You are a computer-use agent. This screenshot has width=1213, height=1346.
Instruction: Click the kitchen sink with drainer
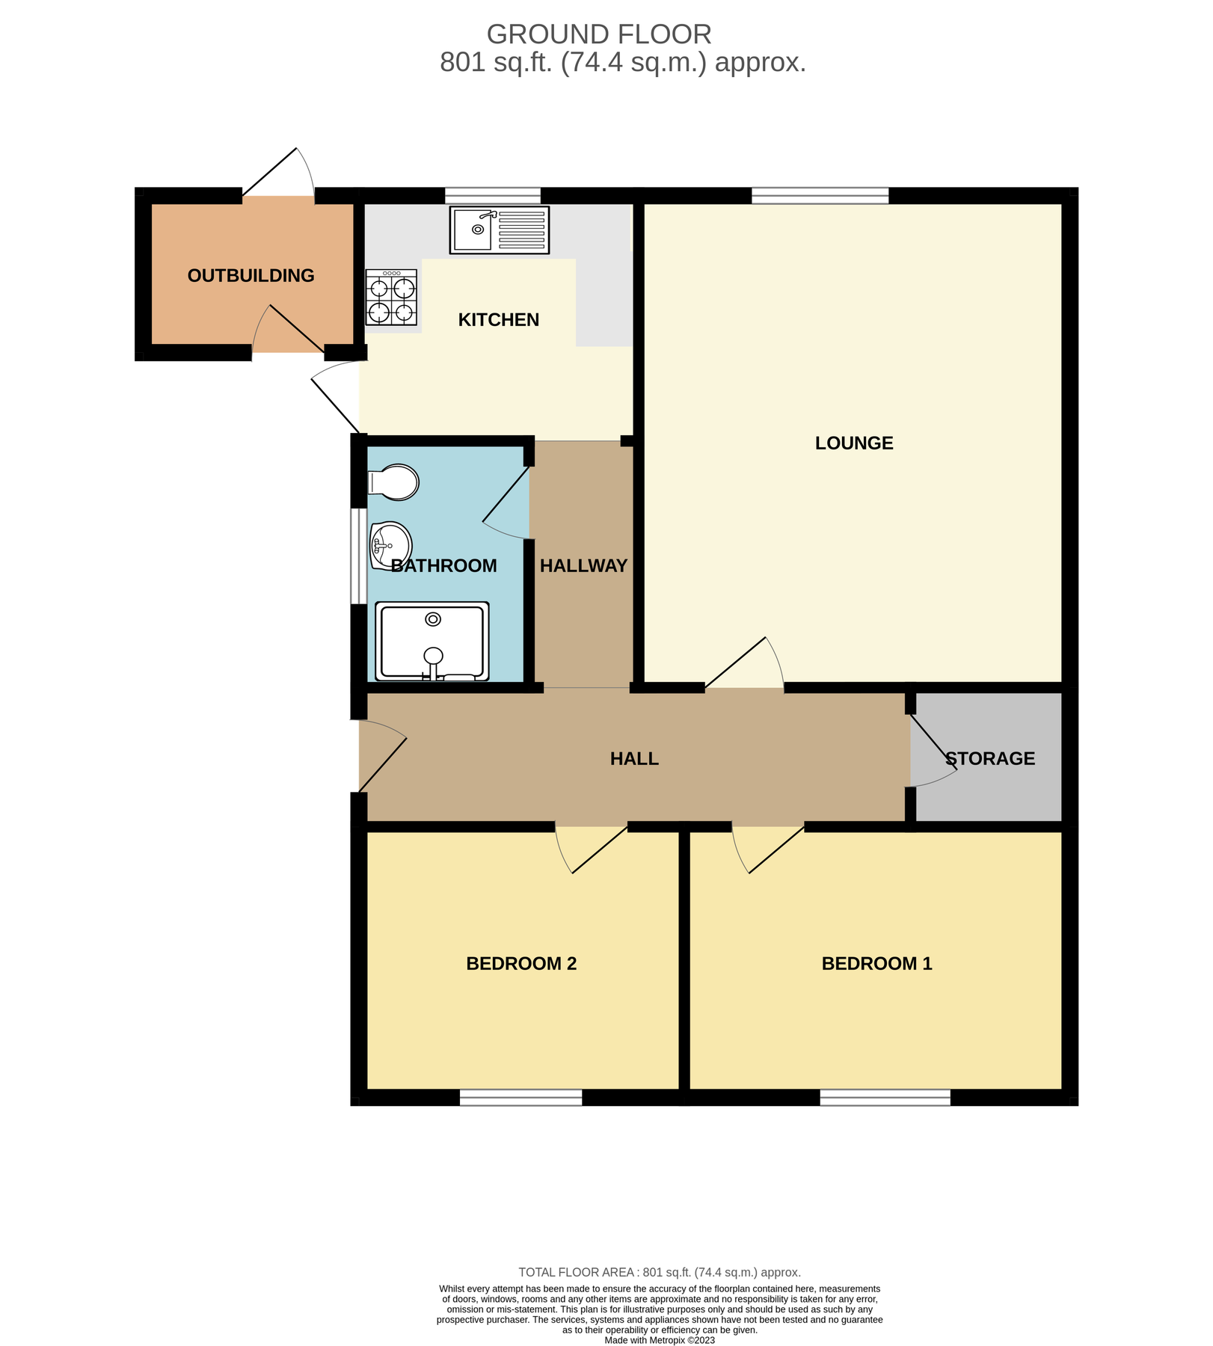point(499,230)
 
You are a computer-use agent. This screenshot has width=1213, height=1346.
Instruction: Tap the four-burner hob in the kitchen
point(391,298)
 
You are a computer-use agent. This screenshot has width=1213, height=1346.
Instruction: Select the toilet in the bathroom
point(394,482)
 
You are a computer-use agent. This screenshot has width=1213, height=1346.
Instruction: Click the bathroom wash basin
point(390,545)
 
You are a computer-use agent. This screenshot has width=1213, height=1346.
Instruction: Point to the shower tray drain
point(433,619)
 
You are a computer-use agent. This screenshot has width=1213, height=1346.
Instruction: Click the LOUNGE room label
point(854,443)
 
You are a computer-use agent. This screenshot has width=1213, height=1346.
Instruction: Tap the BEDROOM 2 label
point(521,964)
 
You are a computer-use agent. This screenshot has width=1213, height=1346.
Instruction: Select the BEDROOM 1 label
point(876,964)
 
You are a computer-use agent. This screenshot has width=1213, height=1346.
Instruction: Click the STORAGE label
point(990,759)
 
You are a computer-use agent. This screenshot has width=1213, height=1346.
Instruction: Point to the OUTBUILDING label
point(251,276)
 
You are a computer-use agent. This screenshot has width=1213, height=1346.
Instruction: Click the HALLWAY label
point(583,566)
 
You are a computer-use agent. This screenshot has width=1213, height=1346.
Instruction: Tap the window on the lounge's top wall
point(820,196)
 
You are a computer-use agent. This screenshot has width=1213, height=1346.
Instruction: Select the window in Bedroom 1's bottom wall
point(885,1098)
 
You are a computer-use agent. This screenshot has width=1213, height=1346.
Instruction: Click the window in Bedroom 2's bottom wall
point(520,1098)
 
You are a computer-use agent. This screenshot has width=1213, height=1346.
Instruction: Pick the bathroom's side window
point(359,556)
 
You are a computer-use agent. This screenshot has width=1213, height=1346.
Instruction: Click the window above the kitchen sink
point(493,196)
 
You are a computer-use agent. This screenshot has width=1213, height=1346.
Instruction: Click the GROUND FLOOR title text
point(598,34)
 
